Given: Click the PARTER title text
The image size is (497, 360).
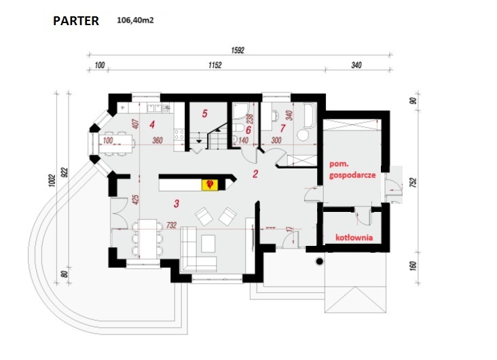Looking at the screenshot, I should (76, 21).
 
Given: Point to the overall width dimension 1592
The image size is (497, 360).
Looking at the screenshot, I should (237, 50).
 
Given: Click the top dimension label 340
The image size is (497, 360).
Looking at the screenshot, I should (356, 65).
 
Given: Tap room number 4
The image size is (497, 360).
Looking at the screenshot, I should (152, 124).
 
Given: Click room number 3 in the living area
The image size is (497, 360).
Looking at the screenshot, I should (176, 202).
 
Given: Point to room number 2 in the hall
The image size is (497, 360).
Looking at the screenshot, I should (255, 174).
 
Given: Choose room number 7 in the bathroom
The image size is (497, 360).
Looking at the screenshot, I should (282, 127).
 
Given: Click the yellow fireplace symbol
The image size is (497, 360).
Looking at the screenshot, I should (209, 184).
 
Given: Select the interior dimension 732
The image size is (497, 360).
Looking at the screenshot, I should (170, 225).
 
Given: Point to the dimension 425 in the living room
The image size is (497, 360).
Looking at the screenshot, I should (135, 200).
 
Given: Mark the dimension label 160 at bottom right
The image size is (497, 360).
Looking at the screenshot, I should (412, 263).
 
